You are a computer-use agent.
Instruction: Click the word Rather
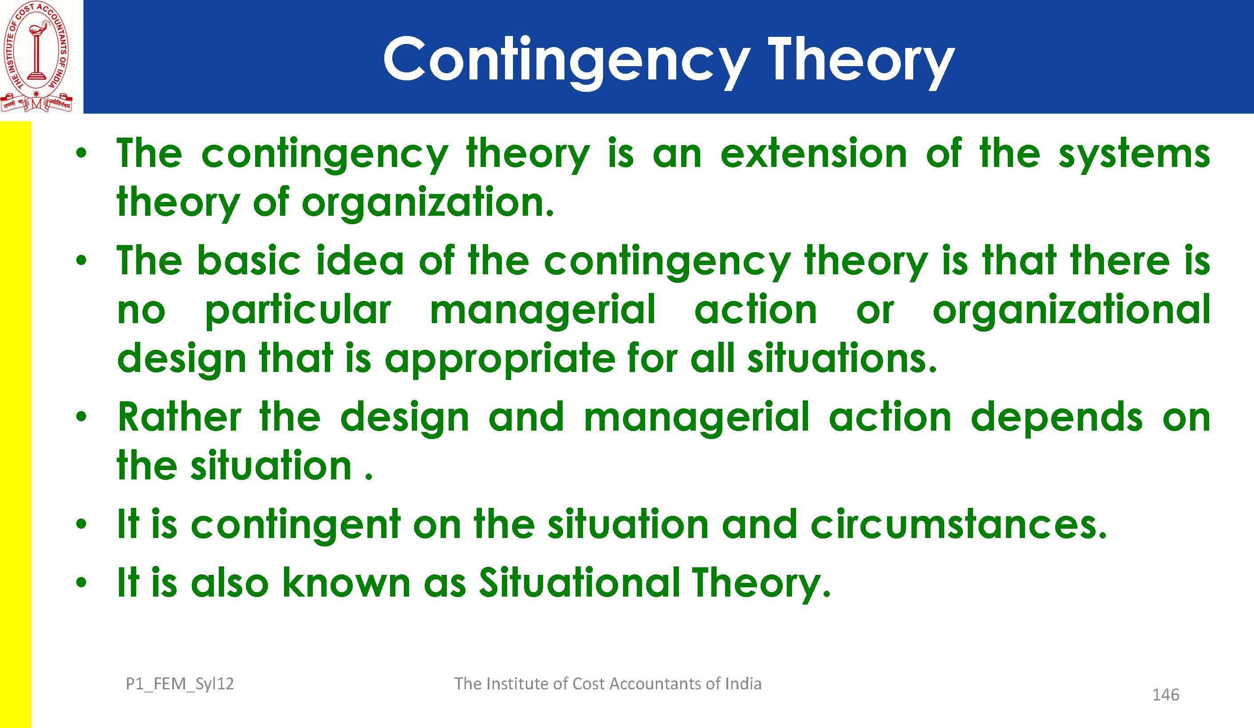click(179, 417)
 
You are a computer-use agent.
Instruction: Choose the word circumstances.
click(958, 524)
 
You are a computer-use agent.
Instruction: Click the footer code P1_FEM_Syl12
click(180, 684)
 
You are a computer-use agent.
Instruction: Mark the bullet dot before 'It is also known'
click(82, 582)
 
